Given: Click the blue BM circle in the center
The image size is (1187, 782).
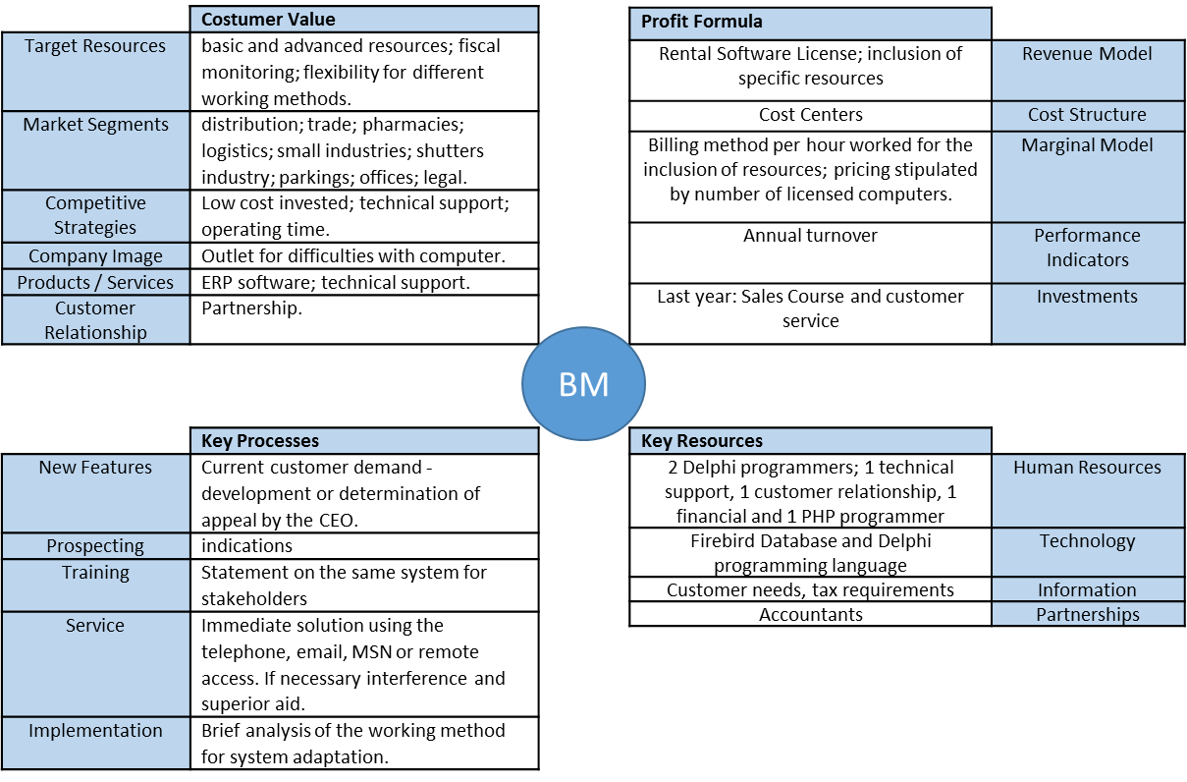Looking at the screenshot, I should pos(583,384).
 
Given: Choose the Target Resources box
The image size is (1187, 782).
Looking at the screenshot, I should pos(95,71).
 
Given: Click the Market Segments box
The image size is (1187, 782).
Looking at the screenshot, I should pos(95,149).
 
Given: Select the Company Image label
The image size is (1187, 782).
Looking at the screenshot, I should pos(95,256).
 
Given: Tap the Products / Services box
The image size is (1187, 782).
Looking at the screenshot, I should pos(95,283).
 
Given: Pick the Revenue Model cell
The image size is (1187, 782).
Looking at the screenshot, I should pos(1087,70).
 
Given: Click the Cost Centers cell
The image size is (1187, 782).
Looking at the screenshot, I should pos(810,115).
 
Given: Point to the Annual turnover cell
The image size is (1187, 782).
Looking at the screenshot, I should pos(810,251).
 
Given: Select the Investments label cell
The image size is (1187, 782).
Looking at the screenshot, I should pos(1087,313).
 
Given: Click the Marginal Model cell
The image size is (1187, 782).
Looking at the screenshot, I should pos(1087,176).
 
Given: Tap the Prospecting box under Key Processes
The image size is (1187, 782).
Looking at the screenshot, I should pos(95,546).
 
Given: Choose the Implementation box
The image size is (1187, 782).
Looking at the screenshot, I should pos(95,742).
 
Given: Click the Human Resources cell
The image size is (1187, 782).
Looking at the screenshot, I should pos(1087,490).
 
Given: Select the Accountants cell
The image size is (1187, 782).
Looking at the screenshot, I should pos(810,615).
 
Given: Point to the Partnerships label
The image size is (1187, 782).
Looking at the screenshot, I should pos(1087,615).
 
